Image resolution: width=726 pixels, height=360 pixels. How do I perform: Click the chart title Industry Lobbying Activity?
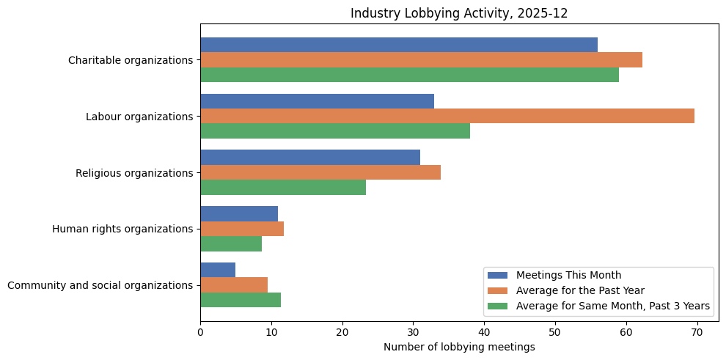point(459,13)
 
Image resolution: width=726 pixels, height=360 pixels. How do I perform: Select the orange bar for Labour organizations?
point(447,116)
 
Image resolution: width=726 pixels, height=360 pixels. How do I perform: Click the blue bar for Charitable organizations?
point(399,45)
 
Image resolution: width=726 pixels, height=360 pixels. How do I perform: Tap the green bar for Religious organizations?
point(283,187)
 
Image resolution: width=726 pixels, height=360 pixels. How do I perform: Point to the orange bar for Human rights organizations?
point(242,229)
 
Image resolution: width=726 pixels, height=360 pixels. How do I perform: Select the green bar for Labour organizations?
point(335,131)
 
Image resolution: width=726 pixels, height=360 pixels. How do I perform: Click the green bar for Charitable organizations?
point(409,75)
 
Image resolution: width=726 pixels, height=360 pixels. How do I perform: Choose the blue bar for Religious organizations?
point(310,157)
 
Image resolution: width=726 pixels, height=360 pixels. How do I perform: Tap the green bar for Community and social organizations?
point(241,300)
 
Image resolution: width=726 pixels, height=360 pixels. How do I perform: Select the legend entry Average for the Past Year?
point(579,290)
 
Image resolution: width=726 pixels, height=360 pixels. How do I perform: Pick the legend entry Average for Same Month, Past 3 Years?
point(613,306)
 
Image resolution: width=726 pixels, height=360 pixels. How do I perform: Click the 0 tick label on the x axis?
point(200,332)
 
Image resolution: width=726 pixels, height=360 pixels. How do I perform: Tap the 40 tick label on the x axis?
point(484,332)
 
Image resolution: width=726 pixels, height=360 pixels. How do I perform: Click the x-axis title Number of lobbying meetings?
point(459,347)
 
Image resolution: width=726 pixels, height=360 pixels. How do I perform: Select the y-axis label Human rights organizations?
point(122,229)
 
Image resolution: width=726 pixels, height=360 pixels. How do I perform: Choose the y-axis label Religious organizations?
point(134,173)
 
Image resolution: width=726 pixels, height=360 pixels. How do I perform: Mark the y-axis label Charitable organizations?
point(131,60)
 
